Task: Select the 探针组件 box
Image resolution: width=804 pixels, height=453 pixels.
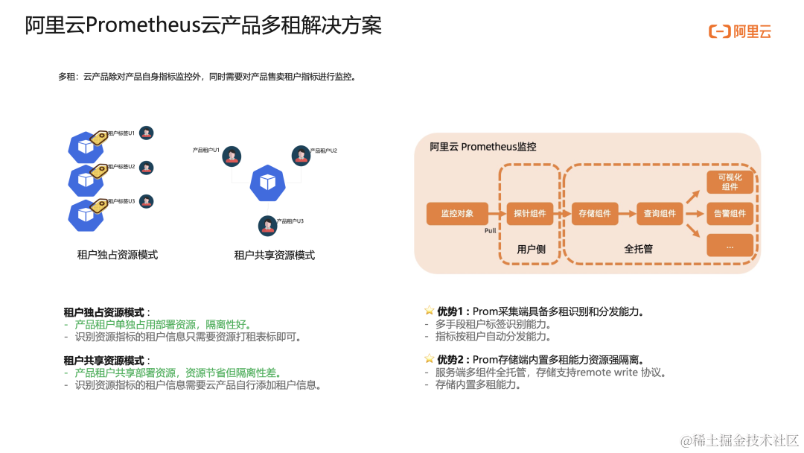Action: tap(529, 213)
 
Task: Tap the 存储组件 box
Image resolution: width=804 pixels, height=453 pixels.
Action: tap(595, 213)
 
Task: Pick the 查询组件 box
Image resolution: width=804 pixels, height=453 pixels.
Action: tap(660, 213)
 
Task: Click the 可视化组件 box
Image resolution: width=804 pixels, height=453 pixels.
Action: tap(730, 182)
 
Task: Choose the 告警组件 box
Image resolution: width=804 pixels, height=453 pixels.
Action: tap(730, 214)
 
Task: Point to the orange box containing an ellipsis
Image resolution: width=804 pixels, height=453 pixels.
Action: tap(730, 245)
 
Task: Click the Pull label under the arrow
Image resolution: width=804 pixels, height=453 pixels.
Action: tap(490, 231)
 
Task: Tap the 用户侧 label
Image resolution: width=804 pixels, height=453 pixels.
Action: tap(531, 249)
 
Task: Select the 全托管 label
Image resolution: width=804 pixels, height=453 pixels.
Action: tap(638, 249)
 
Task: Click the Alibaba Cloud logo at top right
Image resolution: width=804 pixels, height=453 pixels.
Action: tap(740, 31)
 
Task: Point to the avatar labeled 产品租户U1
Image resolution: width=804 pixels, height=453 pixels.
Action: tap(232, 156)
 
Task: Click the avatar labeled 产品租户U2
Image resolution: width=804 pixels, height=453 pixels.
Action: tap(301, 156)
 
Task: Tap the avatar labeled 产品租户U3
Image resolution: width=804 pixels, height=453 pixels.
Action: tap(267, 225)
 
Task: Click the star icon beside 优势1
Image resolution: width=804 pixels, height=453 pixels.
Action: tap(429, 311)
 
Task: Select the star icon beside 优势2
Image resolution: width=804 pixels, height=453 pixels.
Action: tap(429, 360)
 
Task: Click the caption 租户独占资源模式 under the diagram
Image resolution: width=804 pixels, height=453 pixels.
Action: tap(118, 255)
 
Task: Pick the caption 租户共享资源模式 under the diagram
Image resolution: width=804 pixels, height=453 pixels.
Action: tap(275, 256)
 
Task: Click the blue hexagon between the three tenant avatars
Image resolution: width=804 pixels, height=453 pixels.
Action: tap(267, 183)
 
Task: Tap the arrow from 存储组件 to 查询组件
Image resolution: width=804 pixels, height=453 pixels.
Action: tap(627, 213)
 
